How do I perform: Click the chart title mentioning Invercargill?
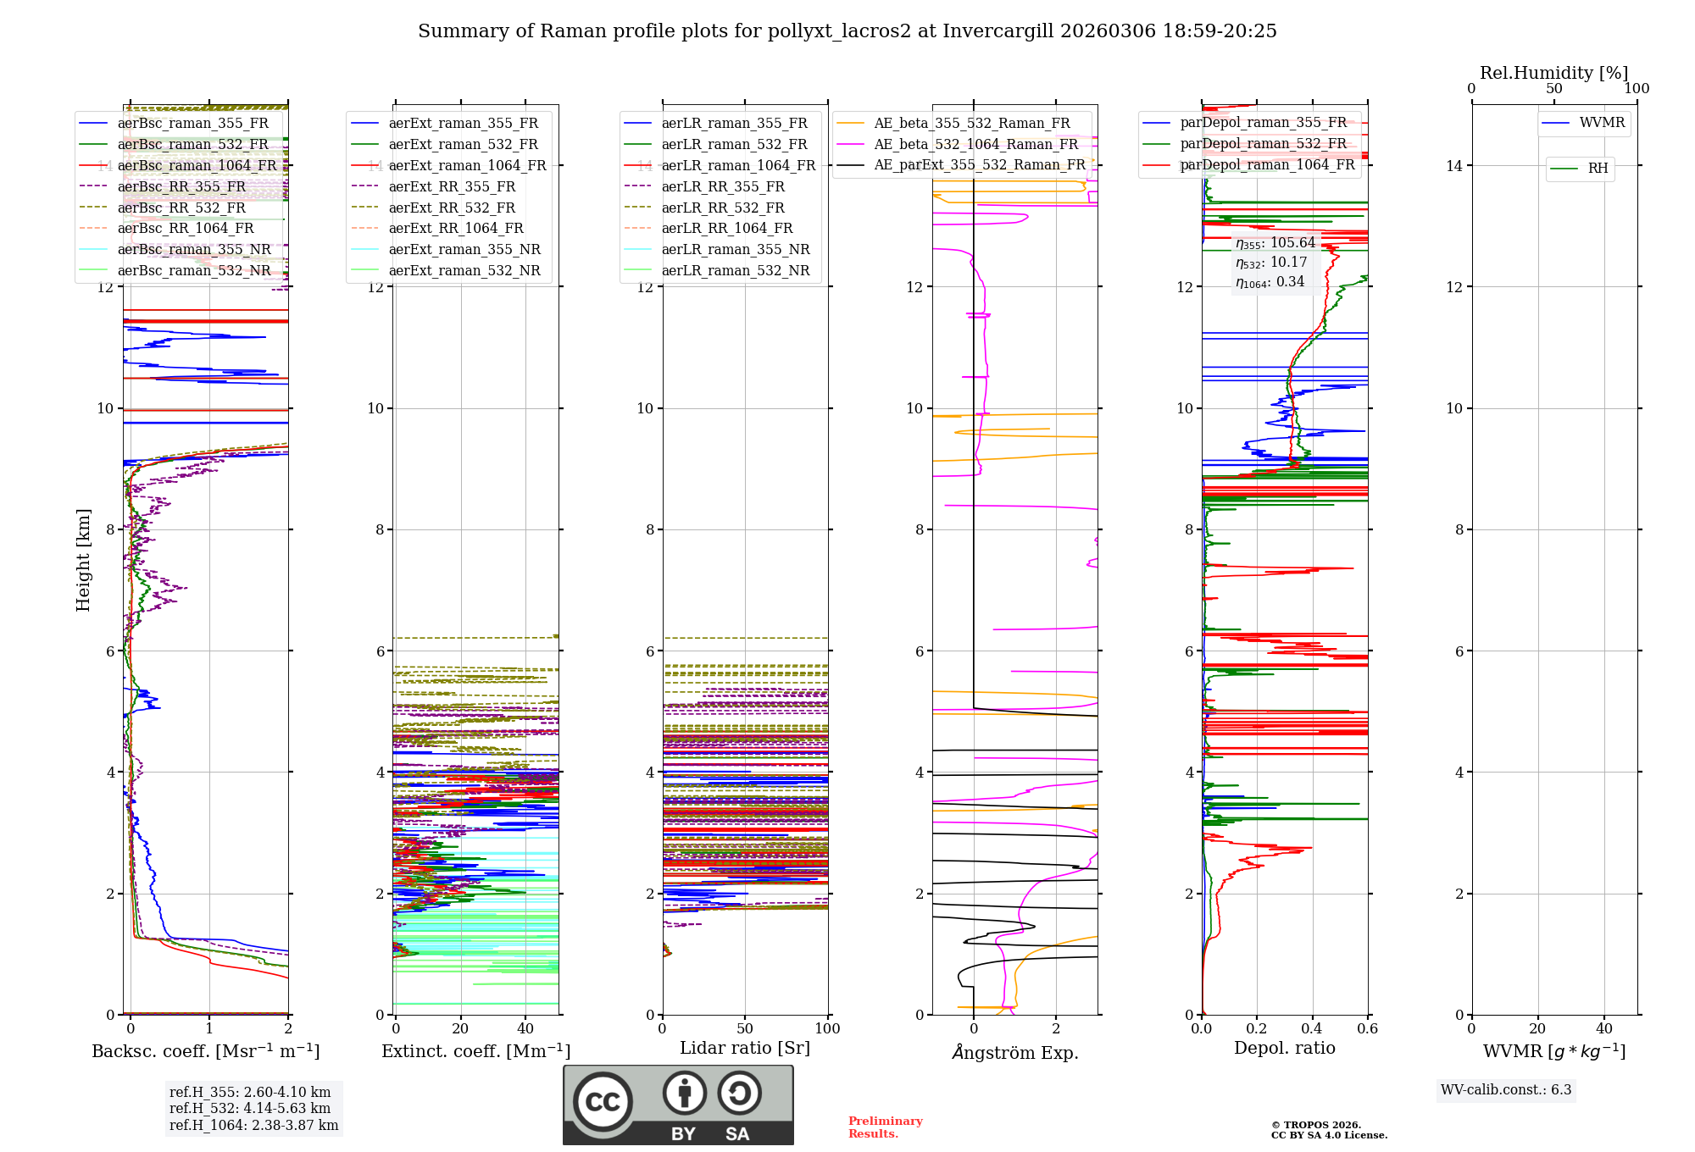(x=847, y=31)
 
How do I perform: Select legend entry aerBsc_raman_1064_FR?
(x=197, y=165)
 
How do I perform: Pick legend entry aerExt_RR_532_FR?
(x=452, y=208)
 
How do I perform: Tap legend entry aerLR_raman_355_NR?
(x=736, y=249)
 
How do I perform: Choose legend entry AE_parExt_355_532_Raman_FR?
(x=979, y=164)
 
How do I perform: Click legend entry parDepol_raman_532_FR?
(x=1263, y=144)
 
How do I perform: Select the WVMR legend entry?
(x=1602, y=123)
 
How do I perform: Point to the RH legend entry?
(x=1598, y=169)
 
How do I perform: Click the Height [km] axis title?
(x=83, y=560)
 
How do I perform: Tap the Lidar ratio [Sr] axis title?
(x=745, y=1048)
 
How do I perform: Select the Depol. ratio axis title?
(x=1284, y=1048)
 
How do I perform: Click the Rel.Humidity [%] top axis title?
(x=1553, y=73)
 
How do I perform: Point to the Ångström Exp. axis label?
(x=1014, y=1052)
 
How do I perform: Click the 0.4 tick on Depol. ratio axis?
(x=1312, y=1028)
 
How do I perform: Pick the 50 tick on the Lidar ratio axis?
(x=745, y=1028)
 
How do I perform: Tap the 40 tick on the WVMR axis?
(x=1604, y=1028)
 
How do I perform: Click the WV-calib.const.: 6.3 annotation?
(x=1506, y=1089)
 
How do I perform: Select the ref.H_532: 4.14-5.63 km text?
(x=250, y=1108)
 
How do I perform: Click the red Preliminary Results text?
(x=885, y=1127)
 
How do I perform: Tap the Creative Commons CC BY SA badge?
(x=678, y=1105)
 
